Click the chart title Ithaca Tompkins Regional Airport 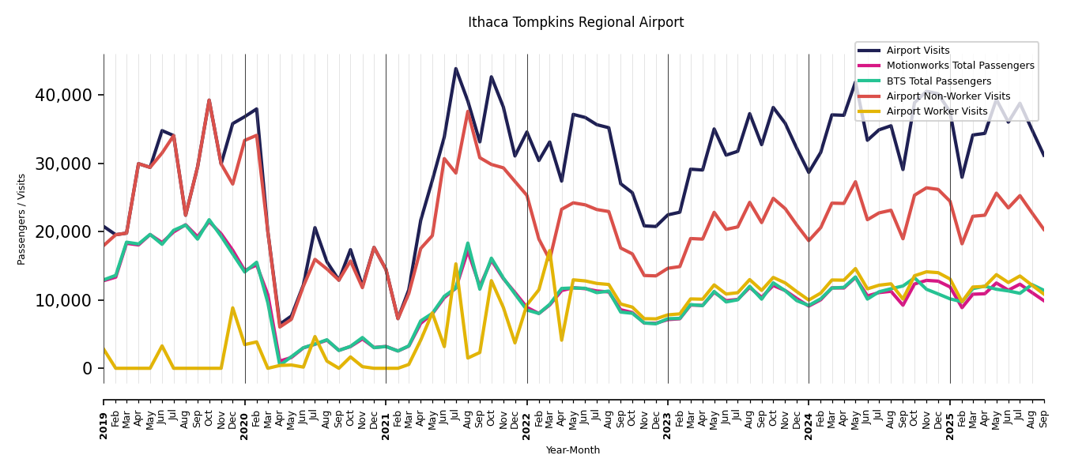(575, 23)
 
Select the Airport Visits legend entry (918, 51)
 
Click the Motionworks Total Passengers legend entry (960, 66)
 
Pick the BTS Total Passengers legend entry (938, 81)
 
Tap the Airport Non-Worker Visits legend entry (948, 96)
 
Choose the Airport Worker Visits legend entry (937, 111)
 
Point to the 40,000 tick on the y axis (63, 96)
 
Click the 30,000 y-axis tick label (63, 164)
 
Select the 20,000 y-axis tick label (63, 231)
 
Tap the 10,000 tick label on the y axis (63, 300)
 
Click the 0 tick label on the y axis (87, 368)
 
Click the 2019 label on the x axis (104, 415)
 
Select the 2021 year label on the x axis (386, 415)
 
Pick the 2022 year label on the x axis (527, 415)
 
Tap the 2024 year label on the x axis (809, 415)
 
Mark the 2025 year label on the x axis (950, 415)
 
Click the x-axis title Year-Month (572, 450)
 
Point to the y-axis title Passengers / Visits (22, 219)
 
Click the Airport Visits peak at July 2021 (456, 69)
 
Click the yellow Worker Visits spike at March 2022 (550, 251)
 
